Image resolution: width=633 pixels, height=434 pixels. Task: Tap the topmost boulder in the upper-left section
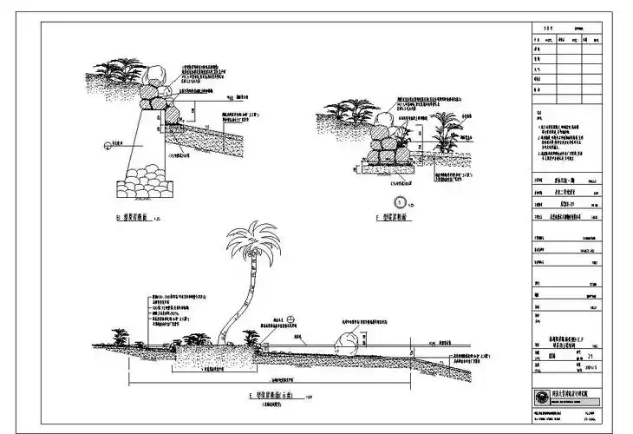click(160, 76)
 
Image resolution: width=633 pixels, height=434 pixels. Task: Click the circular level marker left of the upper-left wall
click(105, 145)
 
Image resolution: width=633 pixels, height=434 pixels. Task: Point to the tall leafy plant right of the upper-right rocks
click(446, 130)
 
